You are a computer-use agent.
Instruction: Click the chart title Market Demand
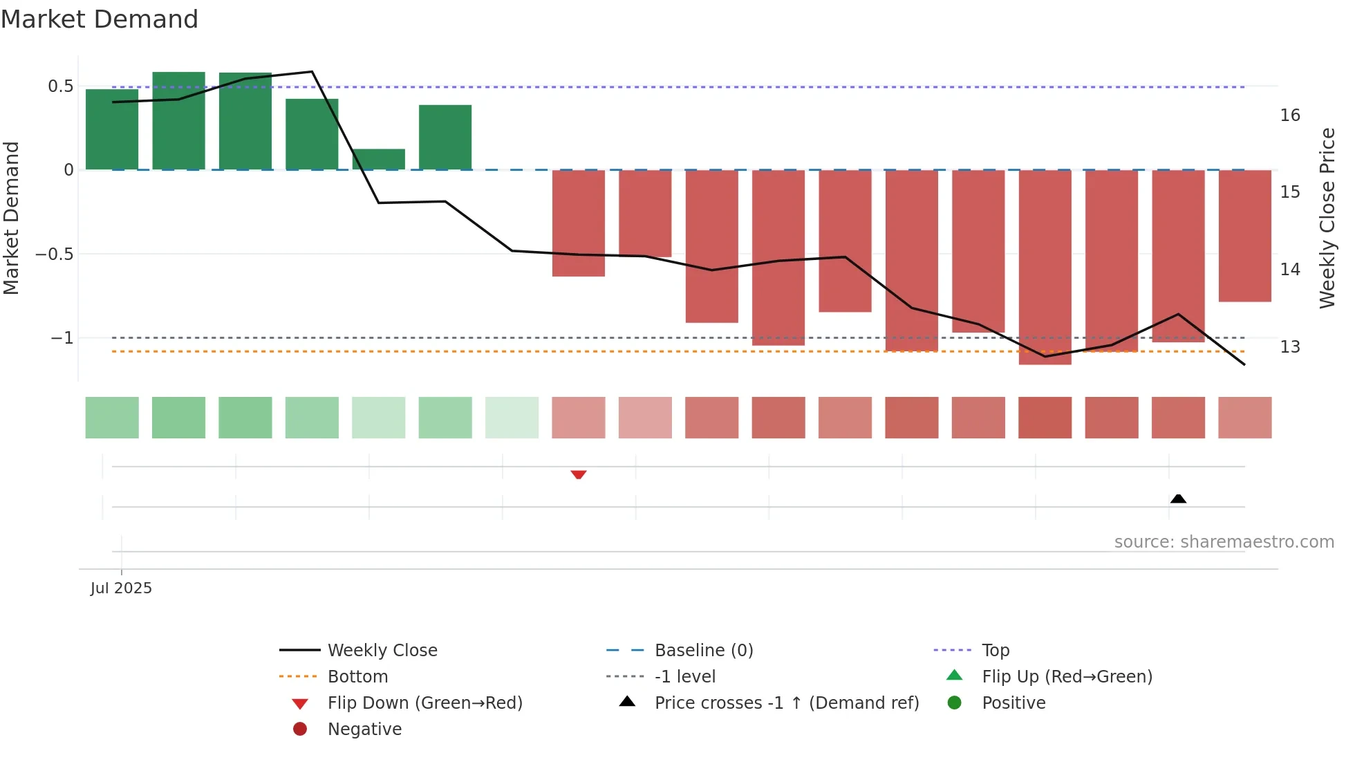100,19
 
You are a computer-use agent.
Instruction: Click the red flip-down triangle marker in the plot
579,474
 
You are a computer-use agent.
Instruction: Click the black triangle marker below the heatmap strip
1178,499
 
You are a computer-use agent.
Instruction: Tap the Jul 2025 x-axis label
121,588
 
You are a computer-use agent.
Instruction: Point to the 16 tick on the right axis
1289,115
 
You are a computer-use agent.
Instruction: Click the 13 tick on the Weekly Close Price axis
1289,346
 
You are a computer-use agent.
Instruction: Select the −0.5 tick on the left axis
54,254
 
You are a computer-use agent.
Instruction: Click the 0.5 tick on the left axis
60,86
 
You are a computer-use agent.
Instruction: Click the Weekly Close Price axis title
1327,218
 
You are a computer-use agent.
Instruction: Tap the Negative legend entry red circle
300,729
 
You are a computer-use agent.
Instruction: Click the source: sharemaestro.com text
1224,541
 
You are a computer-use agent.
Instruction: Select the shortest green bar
379,159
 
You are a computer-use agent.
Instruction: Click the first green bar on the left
112,129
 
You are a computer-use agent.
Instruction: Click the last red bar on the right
1244,235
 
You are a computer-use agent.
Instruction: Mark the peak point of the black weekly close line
312,72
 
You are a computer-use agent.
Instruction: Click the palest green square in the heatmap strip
512,418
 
